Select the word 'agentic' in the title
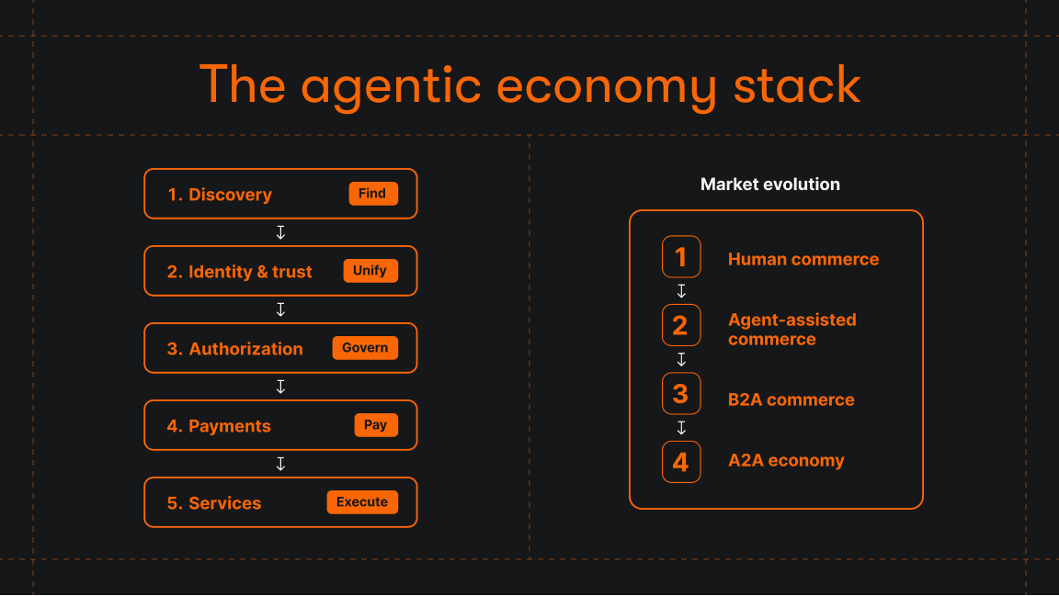[391, 86]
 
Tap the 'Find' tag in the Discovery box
[372, 194]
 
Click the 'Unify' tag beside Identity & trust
[370, 271]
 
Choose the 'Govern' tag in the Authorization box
[365, 348]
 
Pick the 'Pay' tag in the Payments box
[375, 425]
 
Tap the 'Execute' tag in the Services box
[362, 502]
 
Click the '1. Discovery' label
[220, 195]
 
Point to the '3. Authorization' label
[235, 349]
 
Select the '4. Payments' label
[219, 426]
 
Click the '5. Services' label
[214, 503]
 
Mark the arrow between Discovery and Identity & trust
[280, 232]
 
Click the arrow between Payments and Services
[280, 464]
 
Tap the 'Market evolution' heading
[770, 185]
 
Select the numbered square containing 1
[681, 257]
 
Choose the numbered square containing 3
[681, 394]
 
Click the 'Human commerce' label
[803, 260]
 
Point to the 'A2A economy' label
[786, 461]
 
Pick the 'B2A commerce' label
[791, 400]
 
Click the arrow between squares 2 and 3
[681, 359]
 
